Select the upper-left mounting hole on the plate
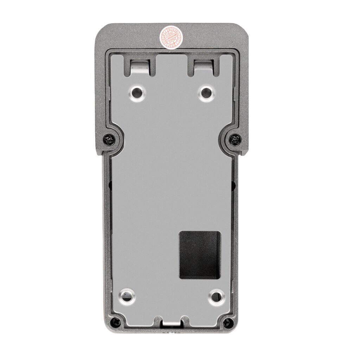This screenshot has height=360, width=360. pos(137,93)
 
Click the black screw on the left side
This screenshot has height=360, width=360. pos(109,140)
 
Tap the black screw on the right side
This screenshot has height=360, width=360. pos(235,140)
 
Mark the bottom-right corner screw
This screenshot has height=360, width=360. pos(229,321)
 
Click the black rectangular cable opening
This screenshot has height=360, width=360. pos(200,255)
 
